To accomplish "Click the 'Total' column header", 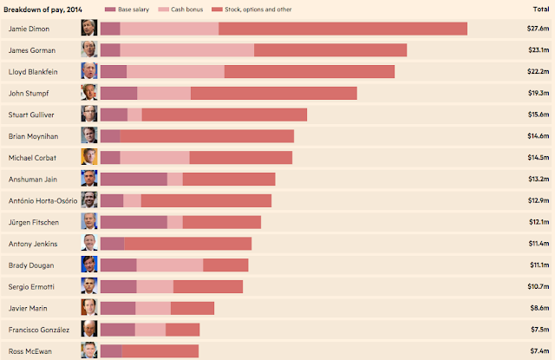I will coord(539,9).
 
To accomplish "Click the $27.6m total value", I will coord(538,29).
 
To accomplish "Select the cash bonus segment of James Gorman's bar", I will coord(186,50).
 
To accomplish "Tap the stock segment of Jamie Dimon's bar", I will coord(343,29).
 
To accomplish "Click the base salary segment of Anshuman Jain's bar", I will coord(134,179).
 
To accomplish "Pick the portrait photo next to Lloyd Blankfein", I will coord(89,71).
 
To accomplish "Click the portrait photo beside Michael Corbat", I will coord(89,157).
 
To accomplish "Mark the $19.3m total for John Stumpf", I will coord(538,93).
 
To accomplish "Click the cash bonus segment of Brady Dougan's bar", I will coord(169,265).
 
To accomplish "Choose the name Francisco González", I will coord(40,330).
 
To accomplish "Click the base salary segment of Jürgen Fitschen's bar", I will coord(134,222).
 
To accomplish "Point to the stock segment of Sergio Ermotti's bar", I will coord(208,286).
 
